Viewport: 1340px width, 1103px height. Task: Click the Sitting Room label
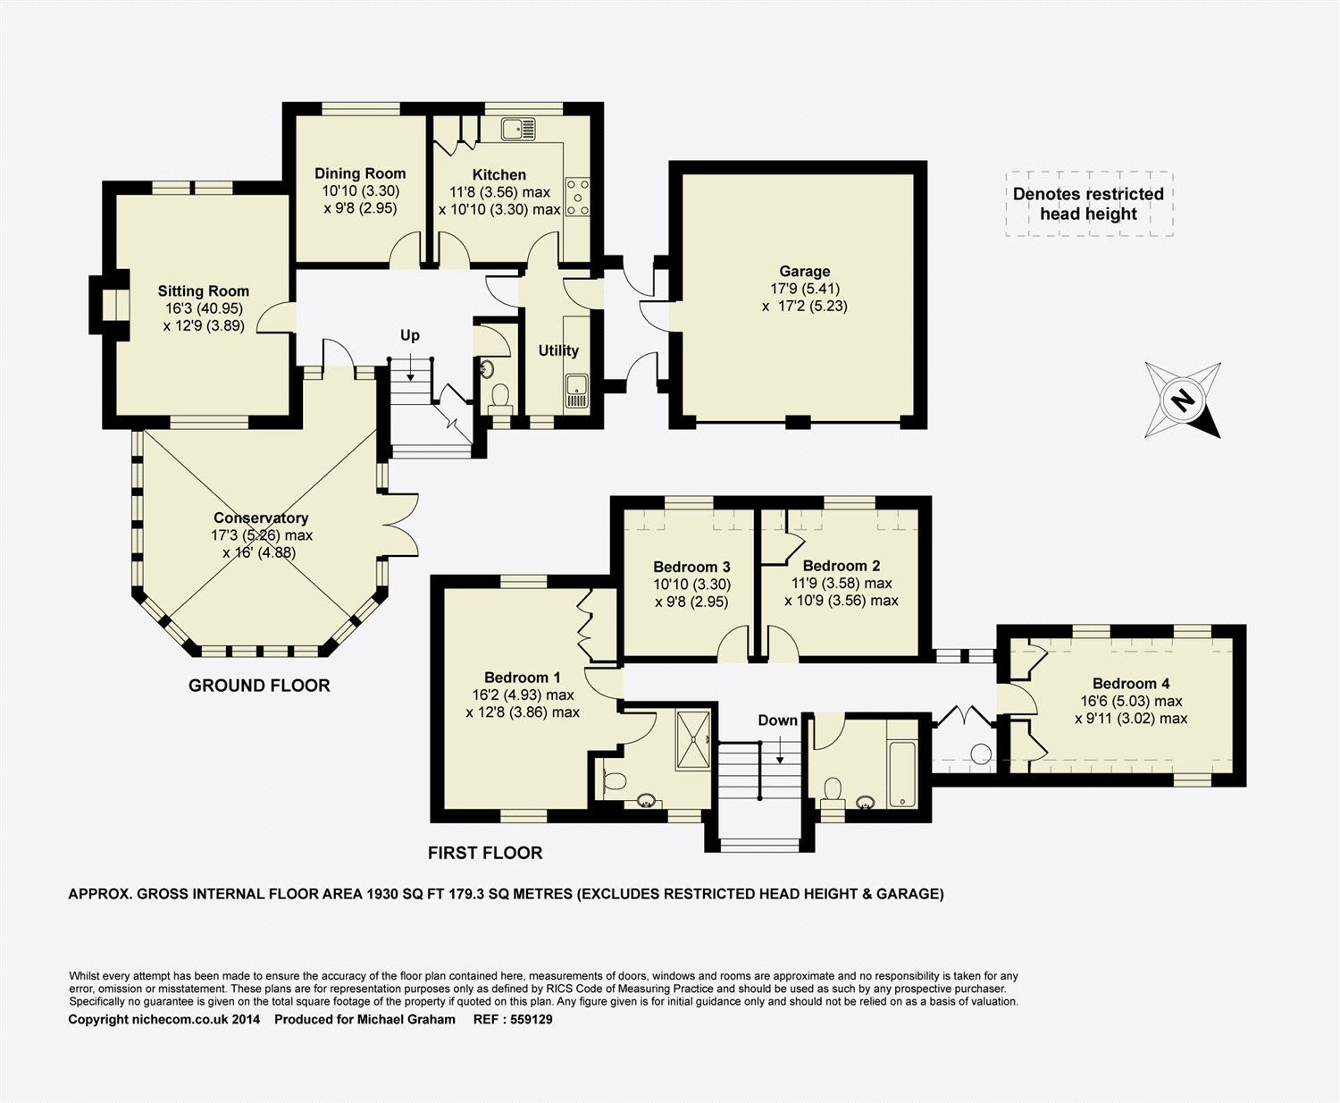click(x=204, y=291)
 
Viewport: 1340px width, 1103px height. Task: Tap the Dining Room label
click(x=360, y=173)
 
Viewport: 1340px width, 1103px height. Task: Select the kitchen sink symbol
click(x=518, y=129)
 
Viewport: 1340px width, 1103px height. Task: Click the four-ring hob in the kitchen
click(x=577, y=197)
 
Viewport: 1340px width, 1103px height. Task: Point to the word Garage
click(x=804, y=272)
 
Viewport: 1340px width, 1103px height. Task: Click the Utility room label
click(x=558, y=351)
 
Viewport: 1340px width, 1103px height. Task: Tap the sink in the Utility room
click(x=576, y=391)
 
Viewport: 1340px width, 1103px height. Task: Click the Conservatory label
click(x=261, y=518)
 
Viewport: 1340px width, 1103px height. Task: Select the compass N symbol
click(x=1183, y=400)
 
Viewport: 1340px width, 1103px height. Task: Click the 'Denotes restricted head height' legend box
click(x=1089, y=204)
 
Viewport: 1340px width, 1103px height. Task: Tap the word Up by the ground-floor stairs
click(x=410, y=335)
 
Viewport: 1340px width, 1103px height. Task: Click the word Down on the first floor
click(x=778, y=720)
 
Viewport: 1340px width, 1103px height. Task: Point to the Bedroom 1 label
click(x=523, y=678)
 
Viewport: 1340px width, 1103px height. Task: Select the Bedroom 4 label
click(x=1131, y=684)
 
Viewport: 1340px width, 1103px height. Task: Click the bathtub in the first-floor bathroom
click(x=902, y=774)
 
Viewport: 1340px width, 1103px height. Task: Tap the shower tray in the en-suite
click(x=693, y=740)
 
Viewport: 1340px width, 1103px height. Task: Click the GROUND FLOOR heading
click(x=259, y=686)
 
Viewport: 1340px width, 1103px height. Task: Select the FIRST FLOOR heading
click(x=485, y=853)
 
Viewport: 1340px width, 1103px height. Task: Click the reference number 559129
click(x=532, y=1019)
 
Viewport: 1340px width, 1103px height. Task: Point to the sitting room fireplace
click(x=110, y=305)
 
